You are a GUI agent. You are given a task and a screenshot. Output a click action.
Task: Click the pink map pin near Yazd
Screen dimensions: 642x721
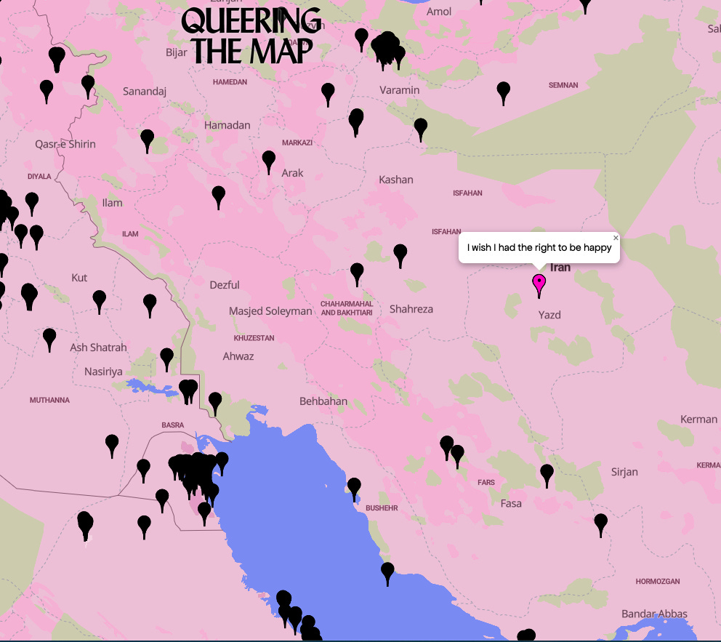coord(539,284)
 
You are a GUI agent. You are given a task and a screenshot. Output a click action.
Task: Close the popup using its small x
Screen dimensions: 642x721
coord(616,238)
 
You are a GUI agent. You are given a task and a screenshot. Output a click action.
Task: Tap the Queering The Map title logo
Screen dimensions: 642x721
coord(251,36)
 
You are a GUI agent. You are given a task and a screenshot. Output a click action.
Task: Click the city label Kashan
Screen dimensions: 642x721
coord(396,180)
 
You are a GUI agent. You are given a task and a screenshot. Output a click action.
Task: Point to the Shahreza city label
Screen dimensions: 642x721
coord(411,309)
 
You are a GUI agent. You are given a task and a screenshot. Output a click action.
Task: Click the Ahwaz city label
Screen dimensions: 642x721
coord(238,356)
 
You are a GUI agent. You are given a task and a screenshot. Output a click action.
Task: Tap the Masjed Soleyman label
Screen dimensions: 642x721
coord(270,311)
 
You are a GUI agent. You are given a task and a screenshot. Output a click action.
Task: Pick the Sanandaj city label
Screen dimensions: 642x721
coord(145,92)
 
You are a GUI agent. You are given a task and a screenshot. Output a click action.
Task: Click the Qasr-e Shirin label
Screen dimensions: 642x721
coord(65,144)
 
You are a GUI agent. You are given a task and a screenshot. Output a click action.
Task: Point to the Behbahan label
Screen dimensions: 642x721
coord(323,401)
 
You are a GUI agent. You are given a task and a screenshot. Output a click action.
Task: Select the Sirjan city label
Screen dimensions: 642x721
coord(624,472)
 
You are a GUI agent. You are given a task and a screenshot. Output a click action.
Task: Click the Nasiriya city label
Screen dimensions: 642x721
coord(103,372)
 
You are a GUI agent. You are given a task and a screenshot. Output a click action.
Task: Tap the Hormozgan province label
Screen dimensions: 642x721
coord(657,582)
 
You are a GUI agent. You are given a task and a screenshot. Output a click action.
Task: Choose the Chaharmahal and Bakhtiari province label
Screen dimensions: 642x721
coord(347,308)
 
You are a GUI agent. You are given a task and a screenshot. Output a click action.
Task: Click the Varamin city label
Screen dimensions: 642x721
coord(400,90)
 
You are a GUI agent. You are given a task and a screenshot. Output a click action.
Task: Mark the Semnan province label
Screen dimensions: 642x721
coord(563,85)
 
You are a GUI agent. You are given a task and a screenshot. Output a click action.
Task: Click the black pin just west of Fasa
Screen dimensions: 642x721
coord(457,456)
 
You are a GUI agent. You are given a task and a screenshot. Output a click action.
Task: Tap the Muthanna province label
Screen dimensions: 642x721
coord(49,401)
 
